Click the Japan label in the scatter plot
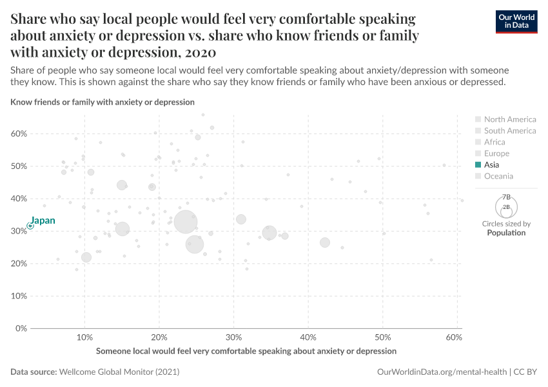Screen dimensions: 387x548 click(43, 221)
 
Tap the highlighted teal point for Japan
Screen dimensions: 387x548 click(30, 226)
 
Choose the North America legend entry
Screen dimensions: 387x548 click(509, 119)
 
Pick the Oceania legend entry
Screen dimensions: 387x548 click(498, 176)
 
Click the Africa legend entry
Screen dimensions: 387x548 click(494, 142)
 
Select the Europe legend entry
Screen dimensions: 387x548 click(496, 154)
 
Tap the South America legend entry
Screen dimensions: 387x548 click(509, 131)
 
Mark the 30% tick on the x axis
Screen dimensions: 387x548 click(233, 338)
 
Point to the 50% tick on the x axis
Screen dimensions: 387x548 click(382, 338)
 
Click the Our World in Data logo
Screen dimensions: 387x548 click(516, 21)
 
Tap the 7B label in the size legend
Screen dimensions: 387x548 click(506, 197)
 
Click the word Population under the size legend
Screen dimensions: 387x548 click(506, 233)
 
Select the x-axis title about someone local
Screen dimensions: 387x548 click(246, 351)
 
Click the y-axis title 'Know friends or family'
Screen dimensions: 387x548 click(103, 102)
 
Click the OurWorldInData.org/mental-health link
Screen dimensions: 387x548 click(442, 372)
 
